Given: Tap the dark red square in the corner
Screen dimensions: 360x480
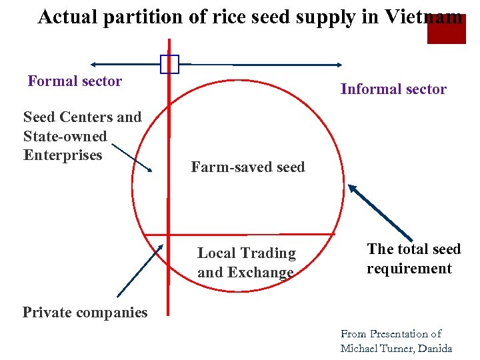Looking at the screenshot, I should [x=446, y=29].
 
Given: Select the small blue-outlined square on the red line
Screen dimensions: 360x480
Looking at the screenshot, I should [x=169, y=64].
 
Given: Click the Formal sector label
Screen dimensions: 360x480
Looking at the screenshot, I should [x=75, y=81].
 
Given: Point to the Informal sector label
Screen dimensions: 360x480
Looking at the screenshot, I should [x=393, y=89].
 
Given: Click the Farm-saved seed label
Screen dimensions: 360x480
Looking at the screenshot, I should [x=247, y=167].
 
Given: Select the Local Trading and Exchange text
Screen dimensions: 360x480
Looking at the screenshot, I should [x=246, y=263].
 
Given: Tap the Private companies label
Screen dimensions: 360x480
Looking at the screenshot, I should [x=85, y=312].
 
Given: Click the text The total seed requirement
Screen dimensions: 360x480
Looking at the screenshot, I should [x=413, y=259].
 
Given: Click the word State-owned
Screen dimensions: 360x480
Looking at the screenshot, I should [x=65, y=137].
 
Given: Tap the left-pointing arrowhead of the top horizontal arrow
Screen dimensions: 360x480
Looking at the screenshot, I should [x=94, y=65].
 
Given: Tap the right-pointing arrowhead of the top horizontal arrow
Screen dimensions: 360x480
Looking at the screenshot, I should [x=338, y=65].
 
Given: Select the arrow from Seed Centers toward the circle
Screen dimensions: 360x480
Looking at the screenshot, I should [x=129, y=157].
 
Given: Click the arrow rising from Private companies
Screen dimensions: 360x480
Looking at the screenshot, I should [x=139, y=271].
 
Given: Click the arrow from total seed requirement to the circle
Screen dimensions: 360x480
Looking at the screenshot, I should [x=380, y=217].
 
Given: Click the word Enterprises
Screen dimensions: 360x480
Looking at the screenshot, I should [x=63, y=155].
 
